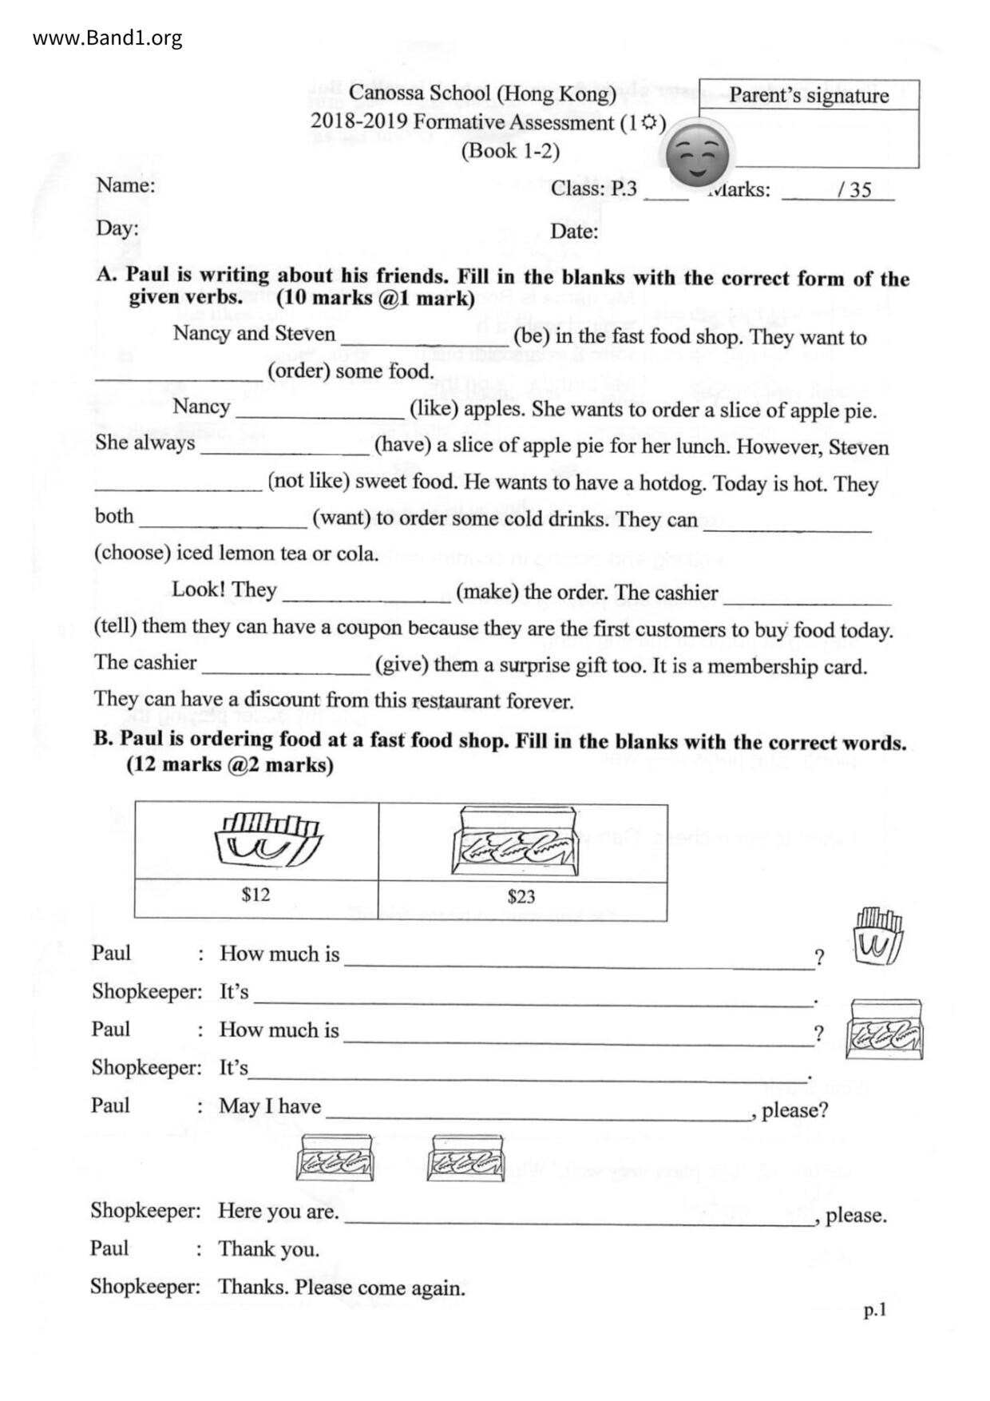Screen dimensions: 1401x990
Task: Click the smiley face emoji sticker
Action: (698, 153)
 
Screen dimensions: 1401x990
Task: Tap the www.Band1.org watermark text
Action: (107, 38)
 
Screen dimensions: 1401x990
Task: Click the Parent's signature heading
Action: (808, 96)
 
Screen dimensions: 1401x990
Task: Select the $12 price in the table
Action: (255, 894)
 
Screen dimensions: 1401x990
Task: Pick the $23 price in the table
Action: (521, 896)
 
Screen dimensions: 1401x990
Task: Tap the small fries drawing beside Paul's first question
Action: (877, 936)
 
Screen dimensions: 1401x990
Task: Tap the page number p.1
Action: (874, 1310)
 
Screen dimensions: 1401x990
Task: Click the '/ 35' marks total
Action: (854, 190)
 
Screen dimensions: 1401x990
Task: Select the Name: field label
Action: (125, 185)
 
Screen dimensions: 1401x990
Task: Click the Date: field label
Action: (574, 232)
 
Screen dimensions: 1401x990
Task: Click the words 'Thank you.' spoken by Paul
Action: (268, 1248)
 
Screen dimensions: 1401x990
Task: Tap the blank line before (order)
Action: (179, 377)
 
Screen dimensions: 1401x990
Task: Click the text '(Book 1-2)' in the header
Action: (510, 151)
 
